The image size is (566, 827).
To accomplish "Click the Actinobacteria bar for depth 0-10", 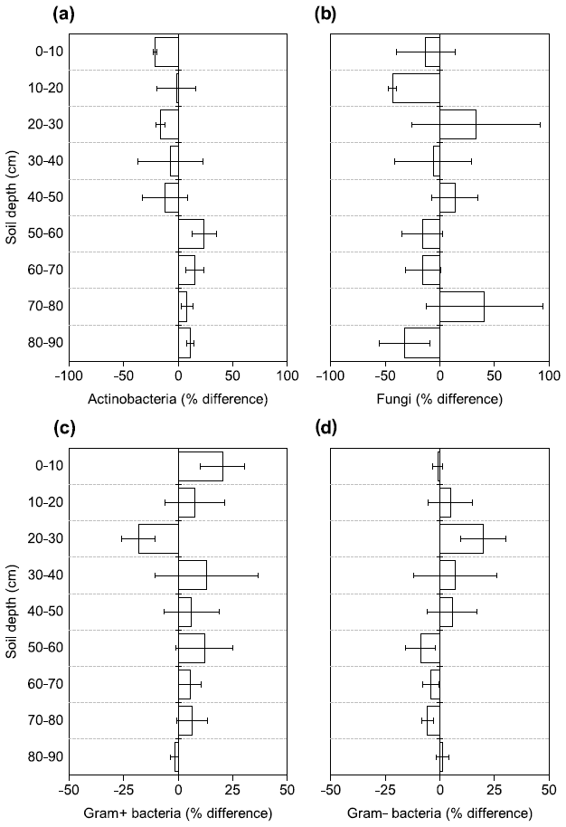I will click(166, 52).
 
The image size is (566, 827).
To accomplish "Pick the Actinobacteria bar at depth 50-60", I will click(191, 233).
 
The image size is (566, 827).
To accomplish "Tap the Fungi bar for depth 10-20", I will click(416, 88).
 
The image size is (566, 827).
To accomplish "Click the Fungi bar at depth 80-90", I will click(421, 342).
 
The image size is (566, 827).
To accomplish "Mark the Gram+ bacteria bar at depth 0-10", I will click(200, 466).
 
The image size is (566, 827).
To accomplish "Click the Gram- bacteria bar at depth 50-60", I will click(430, 648).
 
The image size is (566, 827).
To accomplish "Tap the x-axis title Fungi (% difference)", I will click(439, 398).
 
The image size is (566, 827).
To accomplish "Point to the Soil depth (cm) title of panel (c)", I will click(12, 612).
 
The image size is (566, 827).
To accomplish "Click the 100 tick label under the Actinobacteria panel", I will click(287, 376).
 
